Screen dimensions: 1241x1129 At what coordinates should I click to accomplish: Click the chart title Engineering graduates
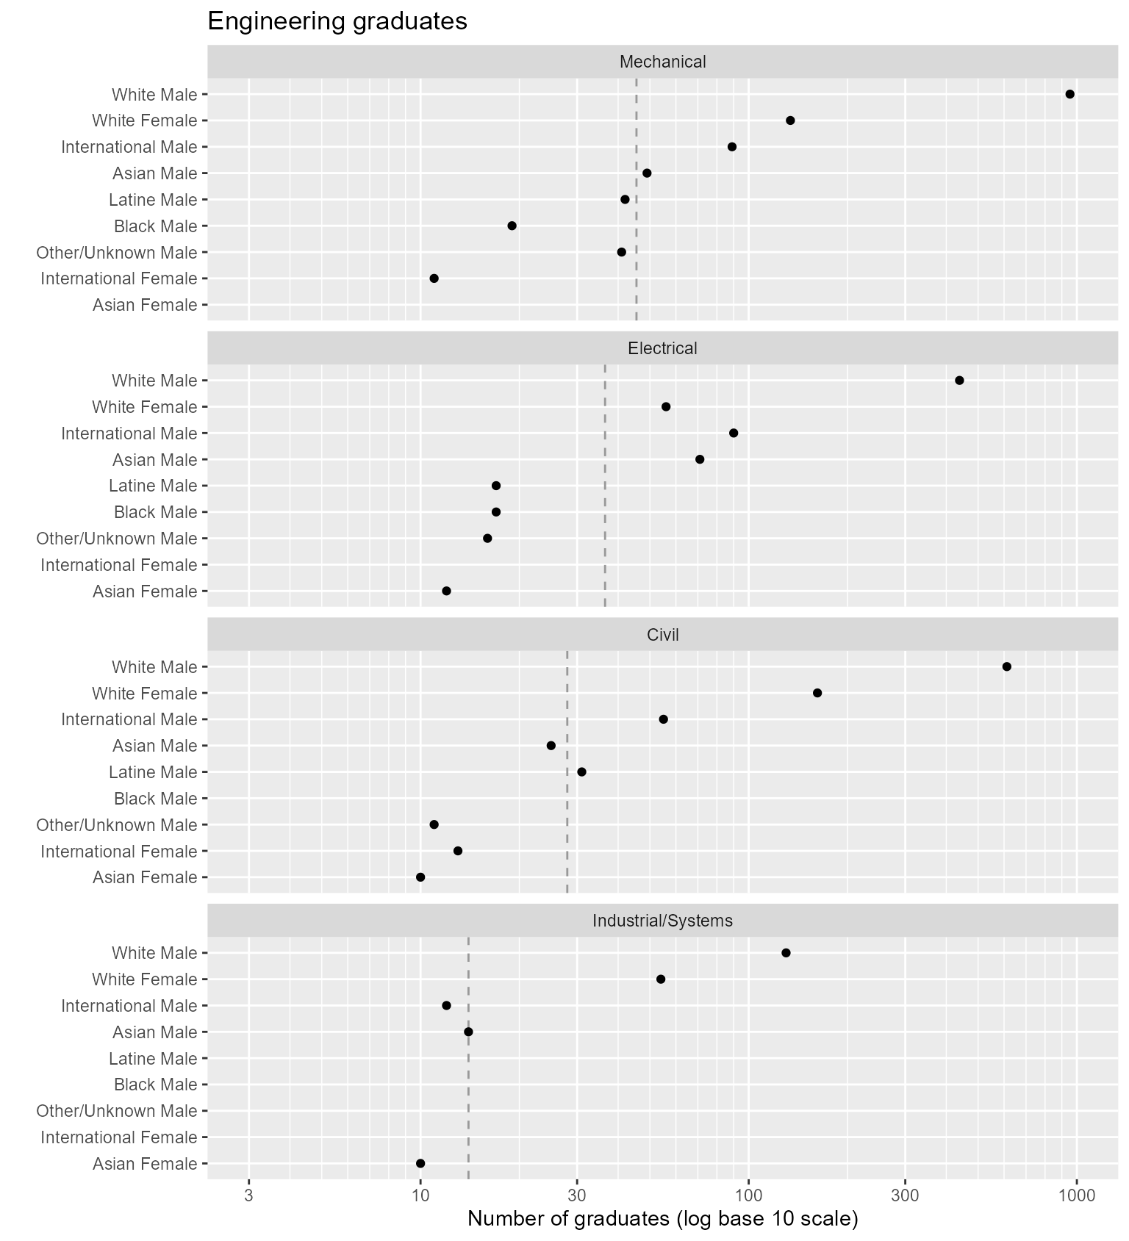(337, 21)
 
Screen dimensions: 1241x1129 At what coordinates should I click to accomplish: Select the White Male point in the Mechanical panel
(1069, 94)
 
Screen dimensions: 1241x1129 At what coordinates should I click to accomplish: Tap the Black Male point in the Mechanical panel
(512, 226)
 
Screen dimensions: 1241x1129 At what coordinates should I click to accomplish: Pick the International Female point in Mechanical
(434, 278)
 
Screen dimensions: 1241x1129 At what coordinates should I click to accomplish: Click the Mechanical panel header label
(662, 62)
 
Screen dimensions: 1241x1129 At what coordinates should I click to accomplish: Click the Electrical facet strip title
(662, 348)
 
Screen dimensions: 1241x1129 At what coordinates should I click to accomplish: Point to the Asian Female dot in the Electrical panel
(446, 591)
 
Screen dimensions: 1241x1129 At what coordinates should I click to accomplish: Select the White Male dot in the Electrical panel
(959, 380)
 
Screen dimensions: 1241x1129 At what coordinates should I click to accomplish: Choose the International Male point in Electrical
(734, 433)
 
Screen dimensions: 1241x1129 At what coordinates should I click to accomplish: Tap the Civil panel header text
(662, 635)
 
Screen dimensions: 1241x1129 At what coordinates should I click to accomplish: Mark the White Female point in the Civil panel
(817, 693)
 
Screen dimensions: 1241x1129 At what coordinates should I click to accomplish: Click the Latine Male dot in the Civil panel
(581, 771)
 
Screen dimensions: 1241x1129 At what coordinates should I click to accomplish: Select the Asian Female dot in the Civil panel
(420, 877)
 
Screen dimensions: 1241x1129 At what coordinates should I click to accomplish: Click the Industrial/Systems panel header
(662, 921)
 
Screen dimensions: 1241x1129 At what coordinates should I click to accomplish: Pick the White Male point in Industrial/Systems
(786, 953)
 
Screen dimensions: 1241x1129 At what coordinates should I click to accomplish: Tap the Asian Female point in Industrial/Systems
(420, 1163)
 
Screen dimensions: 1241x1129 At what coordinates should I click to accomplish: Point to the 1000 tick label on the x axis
(1077, 1195)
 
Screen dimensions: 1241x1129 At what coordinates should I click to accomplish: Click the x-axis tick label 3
(248, 1195)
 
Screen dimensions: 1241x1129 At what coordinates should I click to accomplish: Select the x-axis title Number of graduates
(662, 1220)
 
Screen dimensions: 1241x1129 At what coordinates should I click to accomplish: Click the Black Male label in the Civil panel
(155, 799)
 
